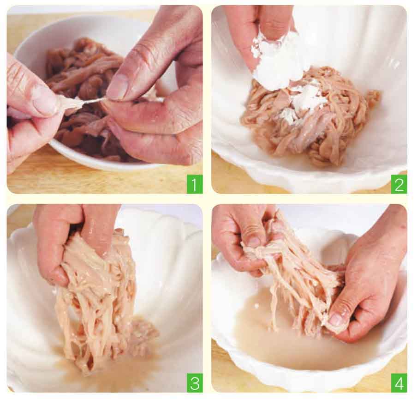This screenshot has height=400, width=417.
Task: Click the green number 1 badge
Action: (194, 184)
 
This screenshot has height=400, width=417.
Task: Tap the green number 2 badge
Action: (399, 184)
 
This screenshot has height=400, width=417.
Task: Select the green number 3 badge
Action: (194, 383)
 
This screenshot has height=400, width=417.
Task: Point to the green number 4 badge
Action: (399, 383)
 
